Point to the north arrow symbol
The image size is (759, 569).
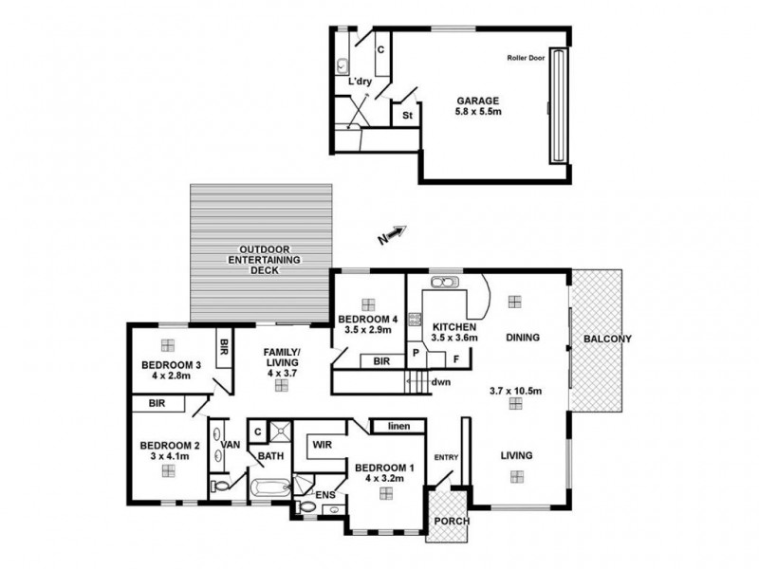point(393,234)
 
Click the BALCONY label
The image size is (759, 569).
point(607,339)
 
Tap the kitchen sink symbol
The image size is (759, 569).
point(442,283)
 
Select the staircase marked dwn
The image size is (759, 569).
point(417,383)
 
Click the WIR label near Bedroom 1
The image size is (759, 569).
point(320,442)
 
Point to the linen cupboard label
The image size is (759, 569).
point(398,428)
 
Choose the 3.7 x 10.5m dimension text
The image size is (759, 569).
point(514,390)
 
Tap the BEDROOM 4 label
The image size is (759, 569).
point(368,319)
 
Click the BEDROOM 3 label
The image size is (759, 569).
point(168,365)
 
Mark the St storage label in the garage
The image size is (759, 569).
point(408,116)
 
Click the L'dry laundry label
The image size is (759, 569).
point(359,82)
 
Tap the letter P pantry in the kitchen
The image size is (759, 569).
point(415,352)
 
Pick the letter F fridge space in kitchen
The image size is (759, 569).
point(456,359)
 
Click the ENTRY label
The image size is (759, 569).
point(446,458)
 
